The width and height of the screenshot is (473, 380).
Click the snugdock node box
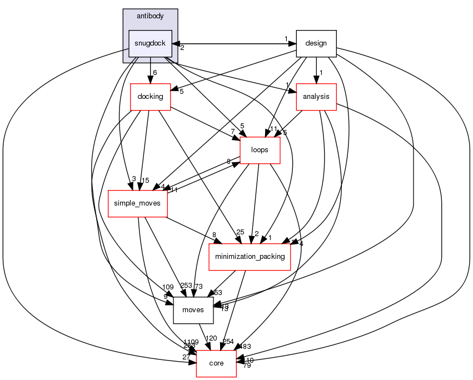point(150,43)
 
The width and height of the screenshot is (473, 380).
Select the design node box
point(316,43)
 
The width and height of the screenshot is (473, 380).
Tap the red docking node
point(150,96)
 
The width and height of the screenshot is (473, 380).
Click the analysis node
point(316,96)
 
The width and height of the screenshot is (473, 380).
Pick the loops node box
point(260,149)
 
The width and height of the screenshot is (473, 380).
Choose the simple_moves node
point(137,203)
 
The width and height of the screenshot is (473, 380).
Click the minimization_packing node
point(250,256)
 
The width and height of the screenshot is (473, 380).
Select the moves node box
point(193,309)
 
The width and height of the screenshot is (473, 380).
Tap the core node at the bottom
point(216,363)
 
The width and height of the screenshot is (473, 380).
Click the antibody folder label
point(150,16)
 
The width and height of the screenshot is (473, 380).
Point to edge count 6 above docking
point(155,73)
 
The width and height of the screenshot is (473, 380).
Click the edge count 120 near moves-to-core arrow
point(211,338)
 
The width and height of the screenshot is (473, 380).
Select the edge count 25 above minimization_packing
point(240,232)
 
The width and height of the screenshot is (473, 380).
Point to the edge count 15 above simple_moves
point(146,179)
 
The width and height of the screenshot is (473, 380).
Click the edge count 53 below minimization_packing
point(218,292)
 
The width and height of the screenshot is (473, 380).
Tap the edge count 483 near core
point(245,346)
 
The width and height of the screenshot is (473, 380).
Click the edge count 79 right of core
point(247,366)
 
